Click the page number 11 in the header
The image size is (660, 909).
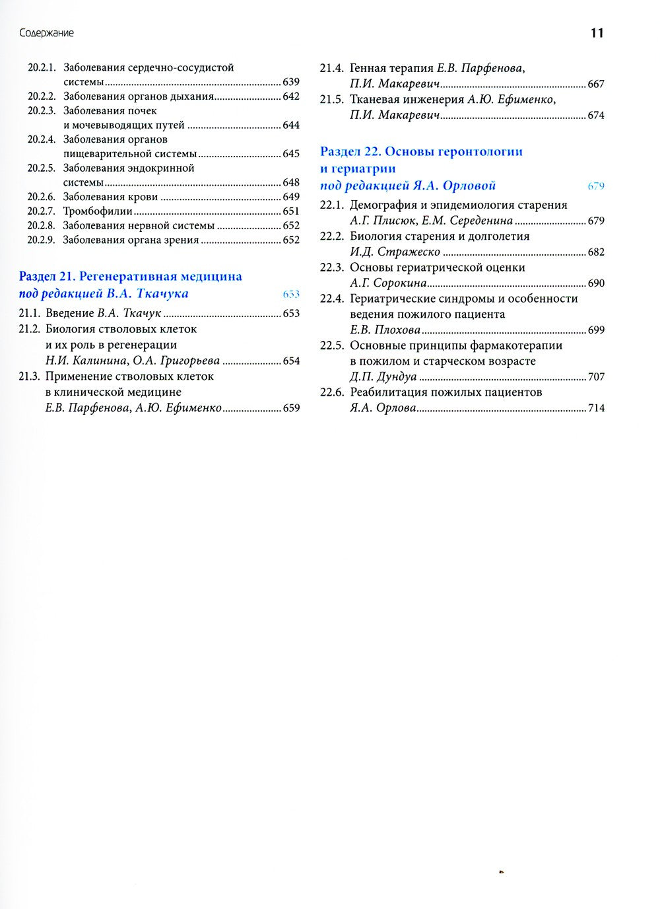point(597,33)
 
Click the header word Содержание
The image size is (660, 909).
point(46,33)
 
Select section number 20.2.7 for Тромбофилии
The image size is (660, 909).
point(42,211)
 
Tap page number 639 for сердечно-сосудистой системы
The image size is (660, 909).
point(291,82)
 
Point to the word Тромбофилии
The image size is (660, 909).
point(98,211)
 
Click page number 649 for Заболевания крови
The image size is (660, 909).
point(291,197)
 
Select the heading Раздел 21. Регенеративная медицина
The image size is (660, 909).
point(131,276)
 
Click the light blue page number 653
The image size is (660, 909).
point(291,295)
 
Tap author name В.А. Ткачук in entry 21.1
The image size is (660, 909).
point(129,313)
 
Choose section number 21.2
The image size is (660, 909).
point(30,329)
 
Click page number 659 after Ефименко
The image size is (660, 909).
point(291,408)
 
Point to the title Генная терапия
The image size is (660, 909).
point(382,68)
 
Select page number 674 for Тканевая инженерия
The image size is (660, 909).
point(595,115)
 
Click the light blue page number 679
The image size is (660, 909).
point(595,186)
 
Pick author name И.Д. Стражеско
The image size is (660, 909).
point(395,252)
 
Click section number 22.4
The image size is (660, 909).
point(331,299)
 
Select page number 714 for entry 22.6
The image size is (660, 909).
point(595,408)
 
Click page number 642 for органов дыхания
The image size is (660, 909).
point(291,96)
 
